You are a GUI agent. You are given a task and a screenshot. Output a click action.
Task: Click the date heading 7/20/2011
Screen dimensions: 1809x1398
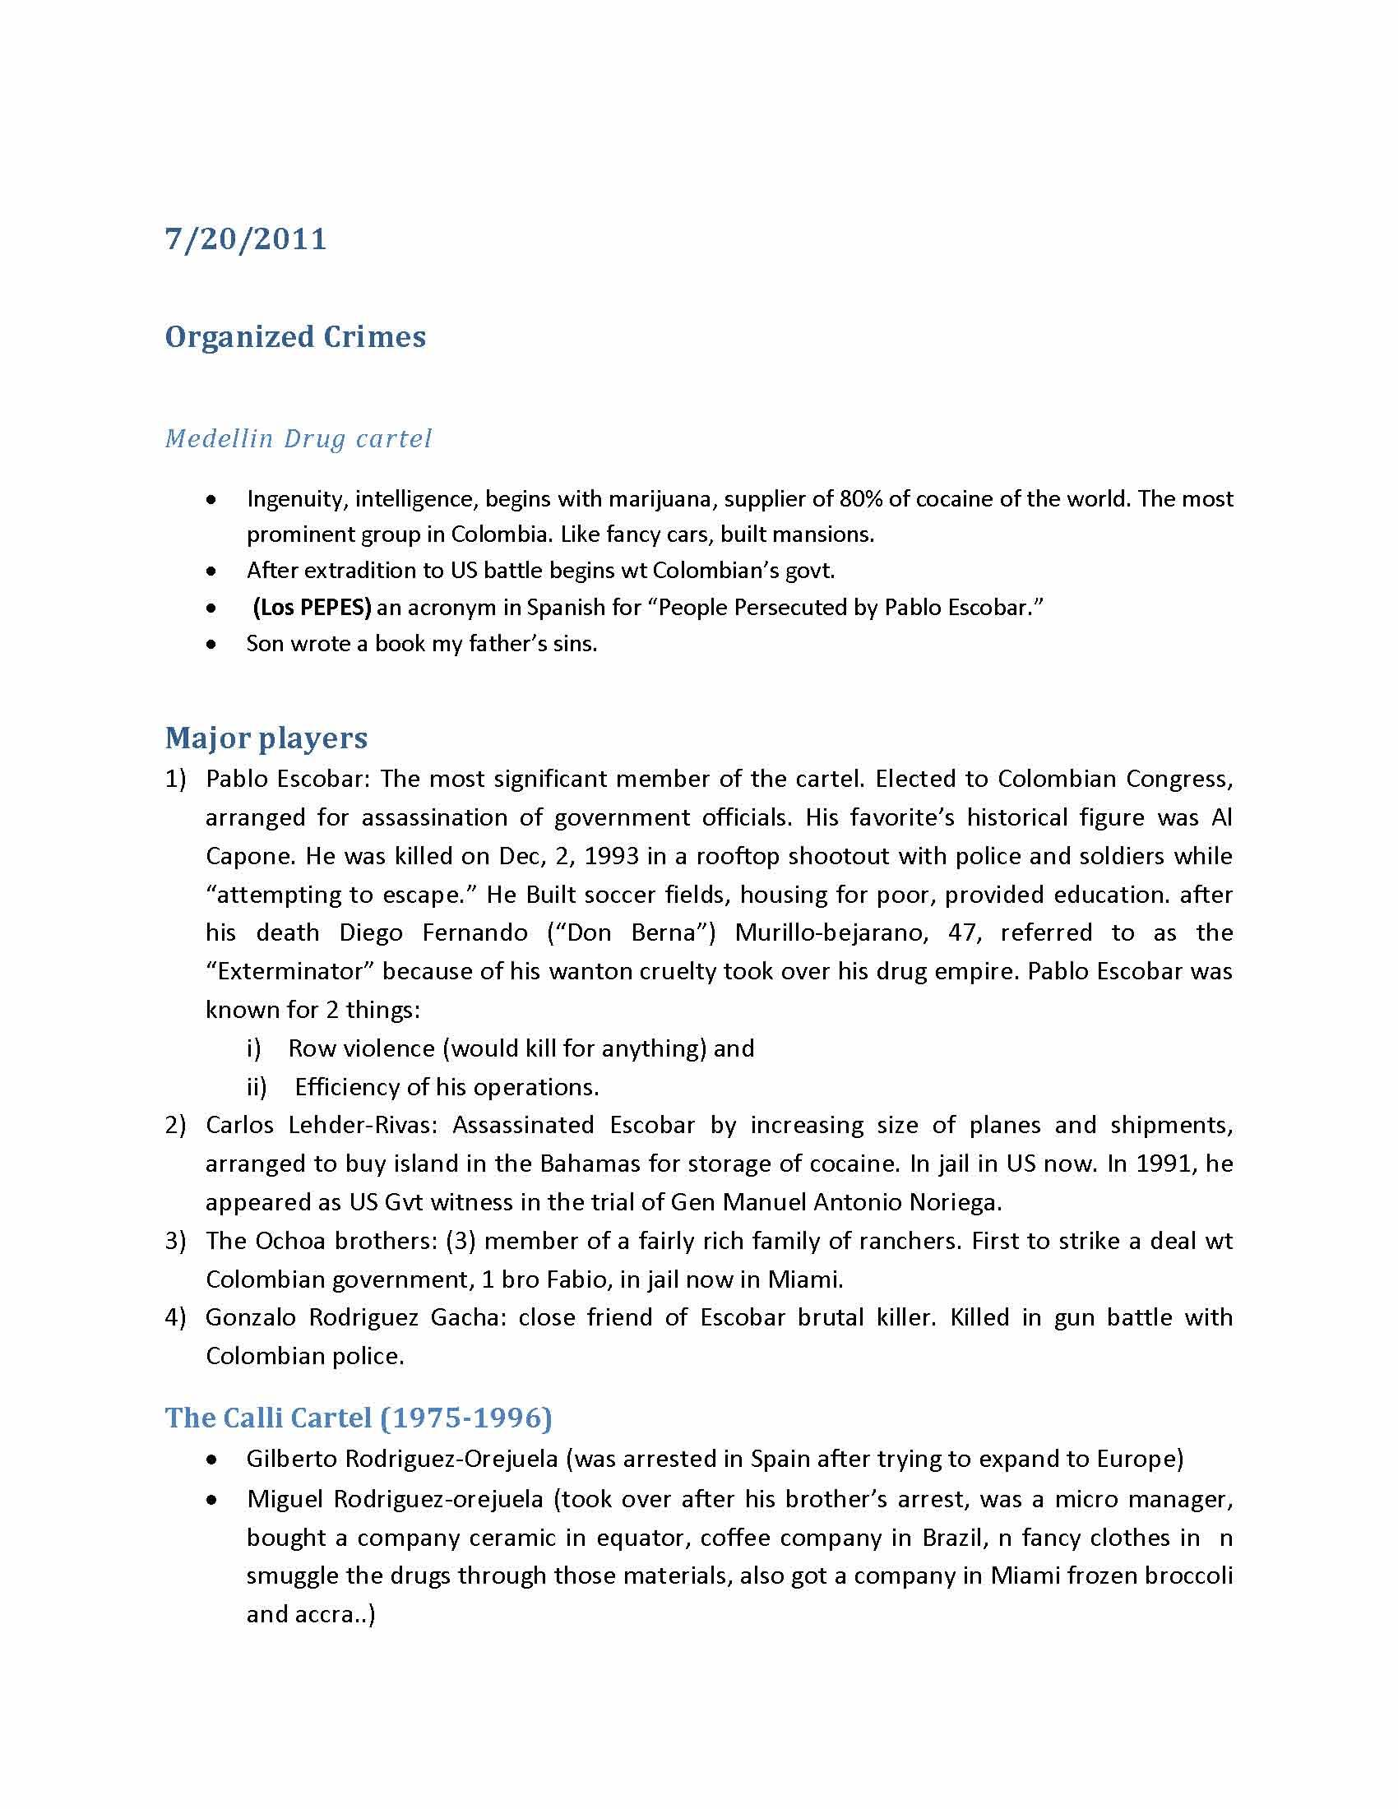(x=246, y=239)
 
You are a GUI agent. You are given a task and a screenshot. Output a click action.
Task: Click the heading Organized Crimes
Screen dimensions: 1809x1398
(x=295, y=337)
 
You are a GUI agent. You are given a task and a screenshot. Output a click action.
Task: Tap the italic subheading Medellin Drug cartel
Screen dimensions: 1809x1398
(x=299, y=438)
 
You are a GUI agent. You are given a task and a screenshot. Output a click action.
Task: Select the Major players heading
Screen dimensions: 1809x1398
(x=266, y=738)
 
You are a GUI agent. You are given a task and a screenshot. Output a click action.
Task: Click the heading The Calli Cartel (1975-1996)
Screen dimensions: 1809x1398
(x=358, y=1418)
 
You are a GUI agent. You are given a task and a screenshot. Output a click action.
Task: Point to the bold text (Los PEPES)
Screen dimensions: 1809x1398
(x=312, y=607)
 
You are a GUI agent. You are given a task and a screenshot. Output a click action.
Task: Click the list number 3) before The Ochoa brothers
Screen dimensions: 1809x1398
(x=176, y=1241)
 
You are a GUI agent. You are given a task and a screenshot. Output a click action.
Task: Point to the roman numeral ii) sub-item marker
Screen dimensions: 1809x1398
(x=257, y=1087)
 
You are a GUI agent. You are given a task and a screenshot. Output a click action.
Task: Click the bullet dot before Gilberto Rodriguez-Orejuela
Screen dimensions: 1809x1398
(x=213, y=1460)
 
